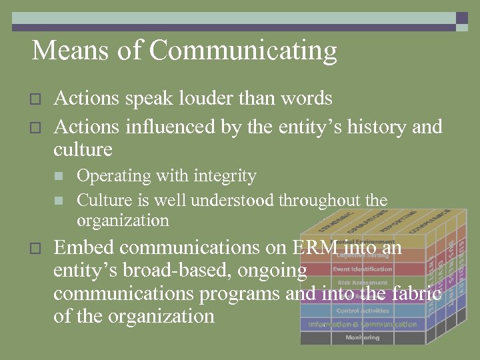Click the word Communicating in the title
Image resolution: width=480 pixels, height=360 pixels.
(x=243, y=51)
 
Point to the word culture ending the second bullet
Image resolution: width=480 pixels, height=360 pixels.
(x=83, y=149)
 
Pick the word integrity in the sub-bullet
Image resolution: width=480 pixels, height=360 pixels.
(x=225, y=176)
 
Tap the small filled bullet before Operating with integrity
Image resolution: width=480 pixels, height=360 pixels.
(x=59, y=177)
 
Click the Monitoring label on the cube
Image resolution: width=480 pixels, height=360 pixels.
(x=362, y=338)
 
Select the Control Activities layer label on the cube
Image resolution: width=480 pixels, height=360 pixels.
(x=362, y=311)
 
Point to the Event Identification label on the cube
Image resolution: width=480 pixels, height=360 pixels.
(x=362, y=269)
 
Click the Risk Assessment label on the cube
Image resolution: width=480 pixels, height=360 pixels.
(x=362, y=283)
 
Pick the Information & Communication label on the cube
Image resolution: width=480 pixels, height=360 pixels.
(x=362, y=325)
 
